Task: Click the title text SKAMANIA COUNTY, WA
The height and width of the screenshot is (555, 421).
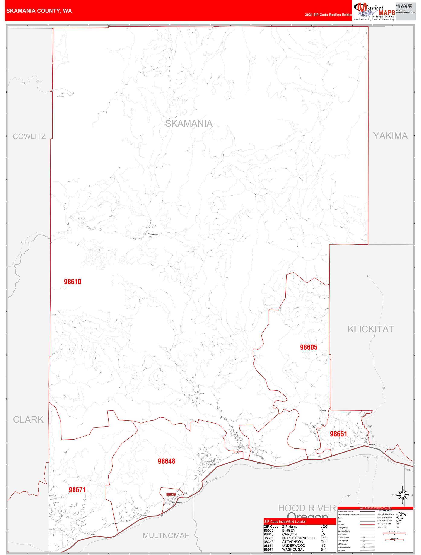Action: click(39, 11)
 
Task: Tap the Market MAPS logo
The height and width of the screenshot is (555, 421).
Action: click(374, 12)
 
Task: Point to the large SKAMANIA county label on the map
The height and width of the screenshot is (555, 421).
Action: click(189, 123)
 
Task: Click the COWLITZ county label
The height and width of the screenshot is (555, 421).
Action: click(29, 136)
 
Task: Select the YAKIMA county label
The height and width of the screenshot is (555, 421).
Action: click(391, 136)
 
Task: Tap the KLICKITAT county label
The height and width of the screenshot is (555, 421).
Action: click(371, 329)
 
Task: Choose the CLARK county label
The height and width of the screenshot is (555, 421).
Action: click(28, 419)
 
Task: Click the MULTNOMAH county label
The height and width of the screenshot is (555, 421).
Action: click(166, 535)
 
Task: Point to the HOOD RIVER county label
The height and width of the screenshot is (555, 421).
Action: click(307, 508)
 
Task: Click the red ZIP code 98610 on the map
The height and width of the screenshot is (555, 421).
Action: click(73, 282)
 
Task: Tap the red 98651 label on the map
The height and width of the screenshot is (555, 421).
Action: click(338, 434)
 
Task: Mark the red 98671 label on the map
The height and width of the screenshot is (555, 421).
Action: click(77, 489)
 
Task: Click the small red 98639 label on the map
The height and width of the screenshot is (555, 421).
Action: click(171, 494)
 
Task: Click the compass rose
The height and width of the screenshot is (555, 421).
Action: click(402, 495)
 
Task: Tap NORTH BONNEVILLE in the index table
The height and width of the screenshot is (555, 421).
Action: click(299, 538)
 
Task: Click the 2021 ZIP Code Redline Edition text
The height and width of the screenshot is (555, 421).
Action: click(328, 15)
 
